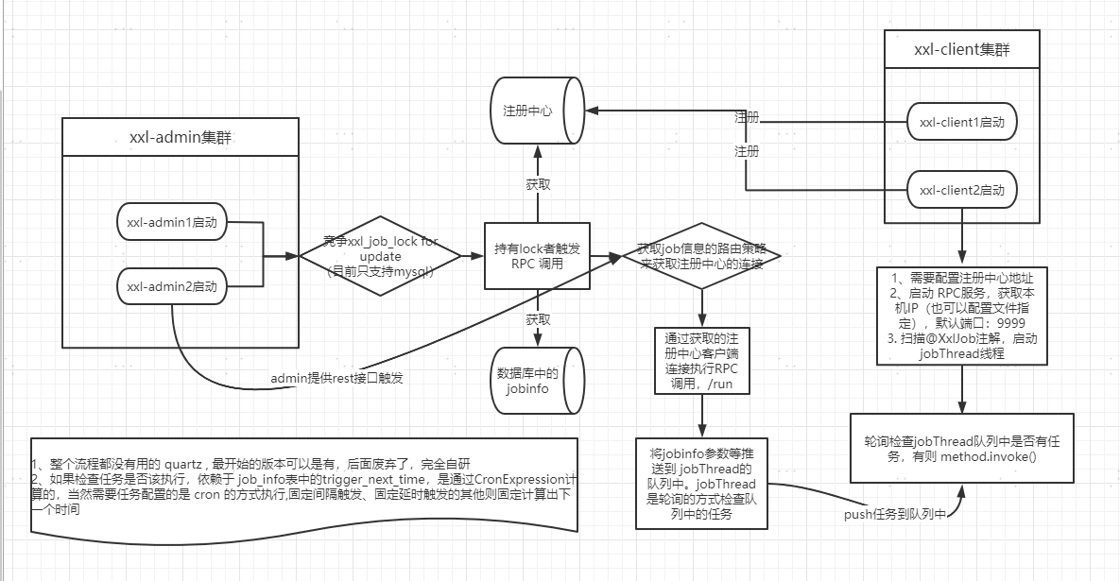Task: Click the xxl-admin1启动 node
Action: point(172,223)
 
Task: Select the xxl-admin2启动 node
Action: point(172,286)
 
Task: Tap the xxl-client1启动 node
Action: point(961,122)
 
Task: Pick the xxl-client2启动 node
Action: point(961,190)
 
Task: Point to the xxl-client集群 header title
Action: point(962,49)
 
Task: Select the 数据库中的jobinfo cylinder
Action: point(534,380)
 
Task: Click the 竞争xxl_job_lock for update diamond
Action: point(379,256)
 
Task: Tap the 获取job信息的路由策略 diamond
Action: point(701,255)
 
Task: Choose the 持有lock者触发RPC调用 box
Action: point(536,256)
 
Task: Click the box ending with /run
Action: point(701,361)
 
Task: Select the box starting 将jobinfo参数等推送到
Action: point(702,482)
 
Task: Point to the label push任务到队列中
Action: point(892,515)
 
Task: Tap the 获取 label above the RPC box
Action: point(537,184)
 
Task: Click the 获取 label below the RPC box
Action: point(537,319)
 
